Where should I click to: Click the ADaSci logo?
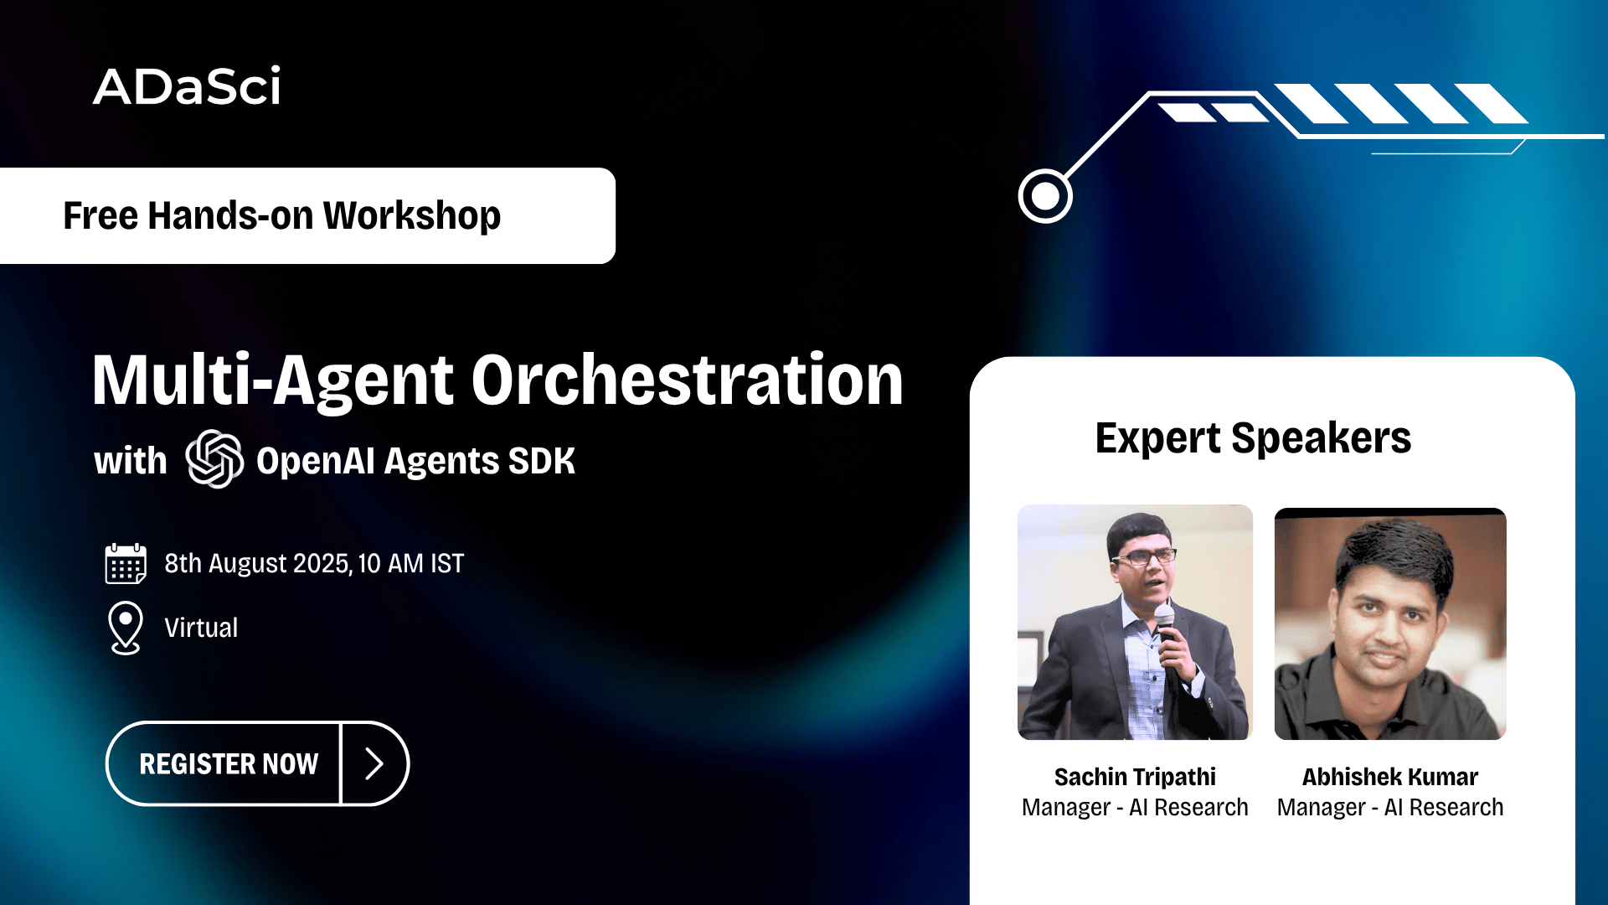point(187,86)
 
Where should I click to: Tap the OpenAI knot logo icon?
point(214,458)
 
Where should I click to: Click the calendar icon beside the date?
point(126,563)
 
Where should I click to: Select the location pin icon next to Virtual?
point(126,628)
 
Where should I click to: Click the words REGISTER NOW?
point(229,764)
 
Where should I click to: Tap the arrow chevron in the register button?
point(374,763)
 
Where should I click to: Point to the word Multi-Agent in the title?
point(273,381)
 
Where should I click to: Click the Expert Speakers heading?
point(1253,438)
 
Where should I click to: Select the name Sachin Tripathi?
point(1135,777)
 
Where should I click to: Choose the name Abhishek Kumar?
point(1390,777)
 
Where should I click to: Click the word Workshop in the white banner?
point(411,215)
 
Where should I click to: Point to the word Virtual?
point(201,628)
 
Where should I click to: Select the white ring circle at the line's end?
point(1045,196)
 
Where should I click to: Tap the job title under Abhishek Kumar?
point(1390,807)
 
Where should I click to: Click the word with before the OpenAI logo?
point(131,461)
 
